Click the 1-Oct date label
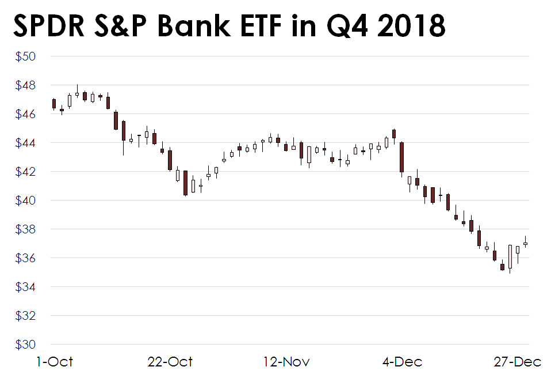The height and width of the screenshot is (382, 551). (x=55, y=362)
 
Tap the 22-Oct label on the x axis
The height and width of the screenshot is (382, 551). (x=170, y=362)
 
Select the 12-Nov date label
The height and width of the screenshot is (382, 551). (x=286, y=362)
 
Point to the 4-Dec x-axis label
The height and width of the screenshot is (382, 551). (x=402, y=362)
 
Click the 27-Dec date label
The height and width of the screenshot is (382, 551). (x=518, y=362)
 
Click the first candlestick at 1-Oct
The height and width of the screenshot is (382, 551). (x=54, y=104)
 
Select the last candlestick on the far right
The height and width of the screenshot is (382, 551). (x=525, y=244)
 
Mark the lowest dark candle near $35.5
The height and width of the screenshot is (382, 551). (x=502, y=267)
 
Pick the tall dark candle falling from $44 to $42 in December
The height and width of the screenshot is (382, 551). (x=401, y=157)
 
